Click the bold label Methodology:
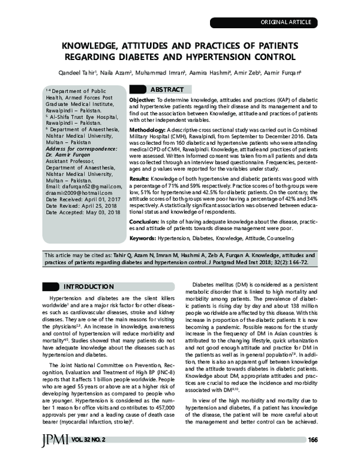(148, 129)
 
